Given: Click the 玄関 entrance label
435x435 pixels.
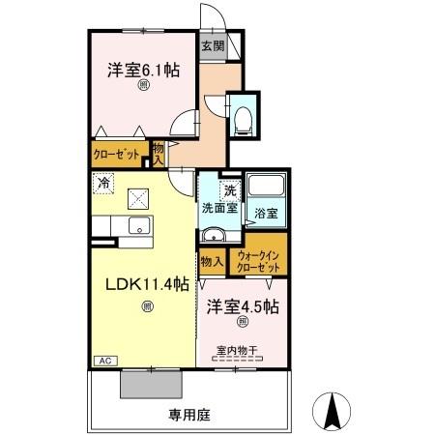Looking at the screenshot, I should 212,45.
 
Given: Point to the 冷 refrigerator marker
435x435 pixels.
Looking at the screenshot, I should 102,181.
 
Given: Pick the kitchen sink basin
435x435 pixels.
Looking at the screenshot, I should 137,226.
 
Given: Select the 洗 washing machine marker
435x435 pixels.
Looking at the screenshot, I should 229,189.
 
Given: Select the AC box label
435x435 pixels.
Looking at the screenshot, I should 102,362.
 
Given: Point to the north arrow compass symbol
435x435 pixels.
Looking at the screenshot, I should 333,413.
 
